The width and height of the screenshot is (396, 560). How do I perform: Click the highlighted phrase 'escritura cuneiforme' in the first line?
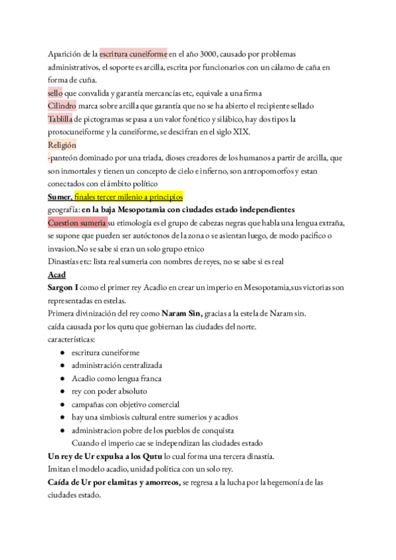(133, 54)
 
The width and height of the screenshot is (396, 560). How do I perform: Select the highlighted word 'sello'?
(56, 93)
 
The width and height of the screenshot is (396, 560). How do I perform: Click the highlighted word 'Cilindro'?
(62, 106)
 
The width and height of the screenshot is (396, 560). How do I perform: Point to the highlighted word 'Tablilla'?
(61, 119)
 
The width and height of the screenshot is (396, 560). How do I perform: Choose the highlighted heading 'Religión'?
(62, 145)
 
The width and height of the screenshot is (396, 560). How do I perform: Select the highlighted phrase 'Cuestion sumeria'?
(77, 223)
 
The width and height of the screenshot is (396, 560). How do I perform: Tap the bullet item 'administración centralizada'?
(117, 365)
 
